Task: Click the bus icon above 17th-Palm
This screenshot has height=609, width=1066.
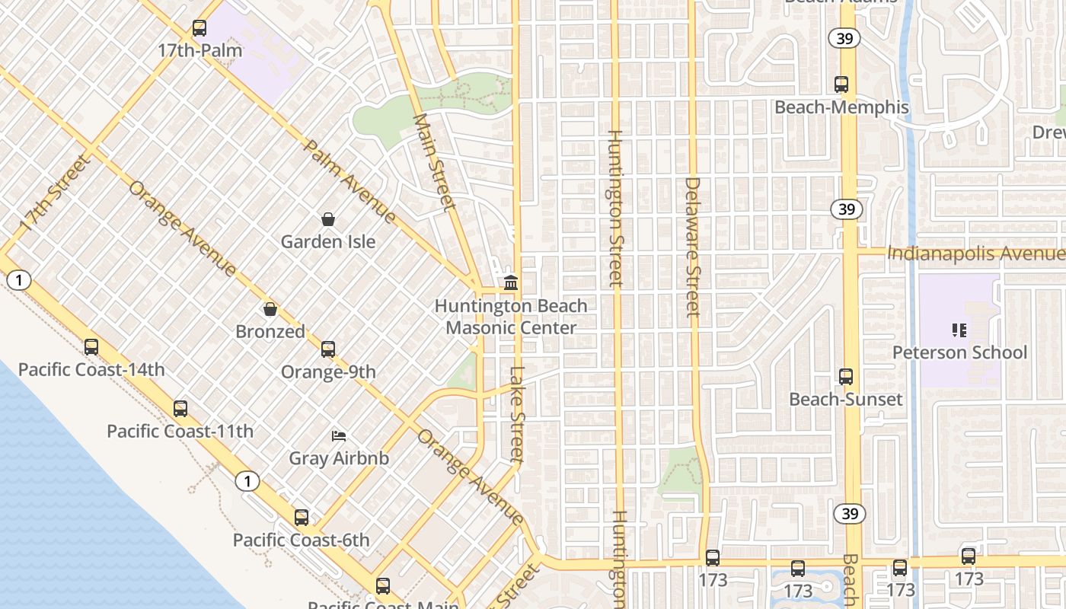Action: click(199, 28)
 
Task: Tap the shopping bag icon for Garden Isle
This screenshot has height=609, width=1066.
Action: click(328, 219)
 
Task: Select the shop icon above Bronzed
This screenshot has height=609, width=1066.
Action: click(270, 309)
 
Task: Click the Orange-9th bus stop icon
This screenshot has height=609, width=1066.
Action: click(328, 349)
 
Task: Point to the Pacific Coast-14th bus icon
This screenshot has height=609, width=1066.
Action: click(91, 347)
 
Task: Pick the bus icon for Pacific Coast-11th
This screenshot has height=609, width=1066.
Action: click(180, 409)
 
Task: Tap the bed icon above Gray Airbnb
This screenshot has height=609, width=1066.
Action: click(339, 436)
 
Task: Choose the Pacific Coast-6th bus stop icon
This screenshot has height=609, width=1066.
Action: click(302, 518)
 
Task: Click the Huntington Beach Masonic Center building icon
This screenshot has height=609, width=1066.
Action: click(511, 283)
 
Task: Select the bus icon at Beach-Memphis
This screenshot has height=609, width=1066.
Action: click(841, 84)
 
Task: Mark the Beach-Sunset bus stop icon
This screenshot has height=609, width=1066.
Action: click(846, 376)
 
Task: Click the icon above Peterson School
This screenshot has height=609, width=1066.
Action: click(959, 330)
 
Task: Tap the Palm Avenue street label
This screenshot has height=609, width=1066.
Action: click(349, 181)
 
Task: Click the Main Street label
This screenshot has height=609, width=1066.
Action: click(434, 162)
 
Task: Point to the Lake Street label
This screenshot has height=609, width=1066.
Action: click(518, 415)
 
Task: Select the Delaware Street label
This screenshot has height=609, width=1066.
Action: click(692, 247)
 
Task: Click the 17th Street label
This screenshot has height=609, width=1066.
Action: click(54, 194)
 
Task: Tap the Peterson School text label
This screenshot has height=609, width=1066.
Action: click(959, 352)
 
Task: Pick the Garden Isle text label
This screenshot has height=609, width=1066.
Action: click(328, 242)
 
